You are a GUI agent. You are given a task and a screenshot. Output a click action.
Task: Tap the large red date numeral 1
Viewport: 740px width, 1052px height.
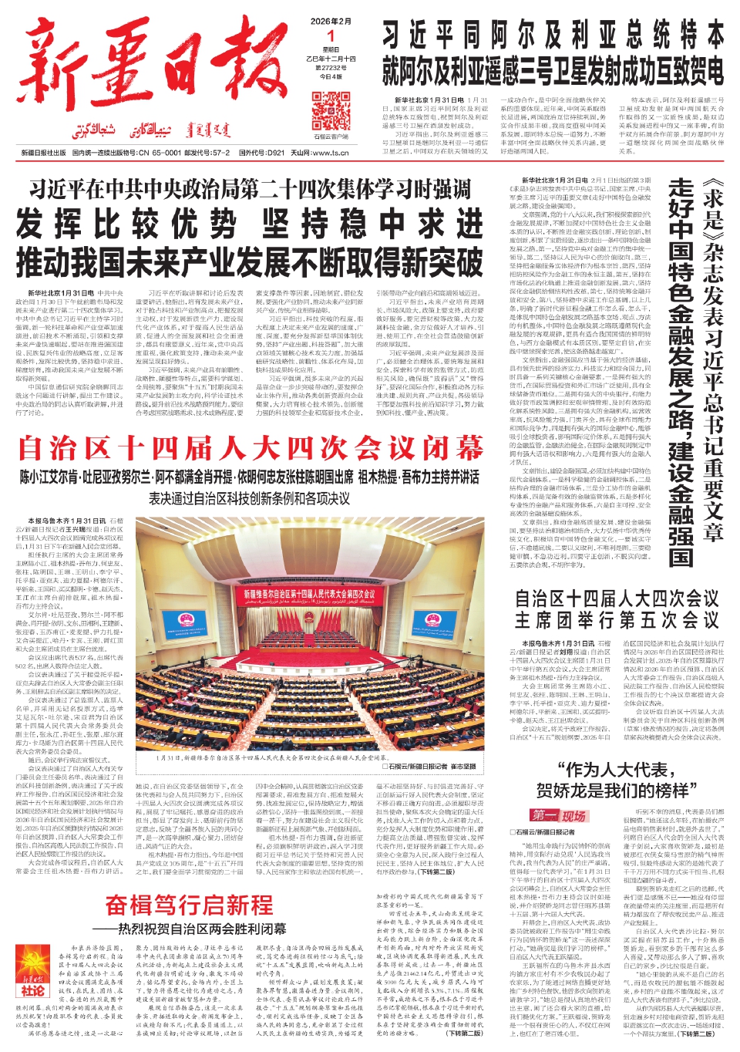coord(331,35)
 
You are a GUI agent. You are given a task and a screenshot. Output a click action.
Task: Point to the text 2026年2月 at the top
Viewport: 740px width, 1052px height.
coord(331,21)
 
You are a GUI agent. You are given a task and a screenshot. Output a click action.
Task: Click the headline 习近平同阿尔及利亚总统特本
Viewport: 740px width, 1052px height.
coord(553,35)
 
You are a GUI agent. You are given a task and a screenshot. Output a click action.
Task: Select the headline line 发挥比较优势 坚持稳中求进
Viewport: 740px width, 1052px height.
coord(250,224)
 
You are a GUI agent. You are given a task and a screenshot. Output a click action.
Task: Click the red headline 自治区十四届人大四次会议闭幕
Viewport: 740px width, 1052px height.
coord(251,448)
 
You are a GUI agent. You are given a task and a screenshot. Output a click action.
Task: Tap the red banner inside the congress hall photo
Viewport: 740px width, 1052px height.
coord(309,595)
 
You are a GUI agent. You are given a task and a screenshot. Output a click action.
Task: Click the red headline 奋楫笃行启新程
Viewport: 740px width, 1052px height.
coord(189,905)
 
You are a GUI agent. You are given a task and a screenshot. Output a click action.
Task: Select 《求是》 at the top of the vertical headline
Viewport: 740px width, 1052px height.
coord(713,207)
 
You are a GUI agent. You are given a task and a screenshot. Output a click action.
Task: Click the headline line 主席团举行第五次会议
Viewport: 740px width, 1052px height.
coord(617,620)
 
